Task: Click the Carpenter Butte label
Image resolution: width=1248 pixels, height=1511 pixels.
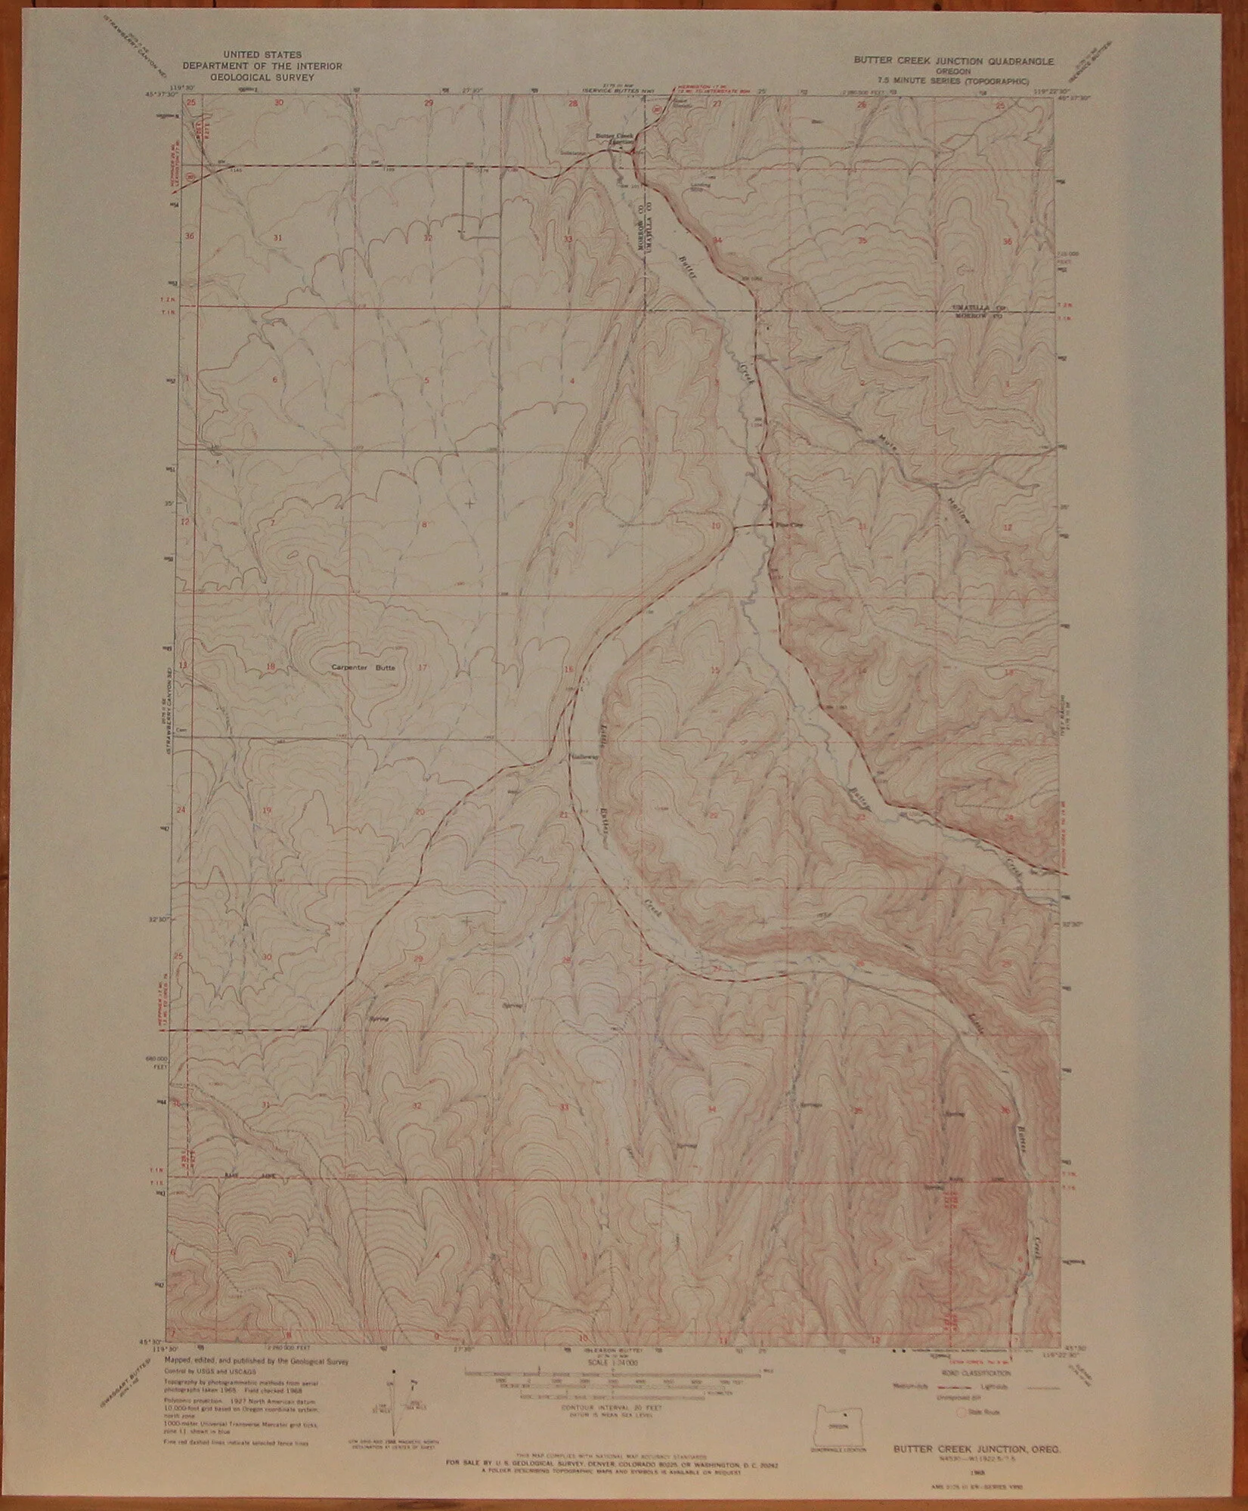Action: click(363, 668)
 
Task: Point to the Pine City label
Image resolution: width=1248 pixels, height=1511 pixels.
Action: click(781, 526)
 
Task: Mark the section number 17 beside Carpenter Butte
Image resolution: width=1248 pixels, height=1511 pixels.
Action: click(422, 666)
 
